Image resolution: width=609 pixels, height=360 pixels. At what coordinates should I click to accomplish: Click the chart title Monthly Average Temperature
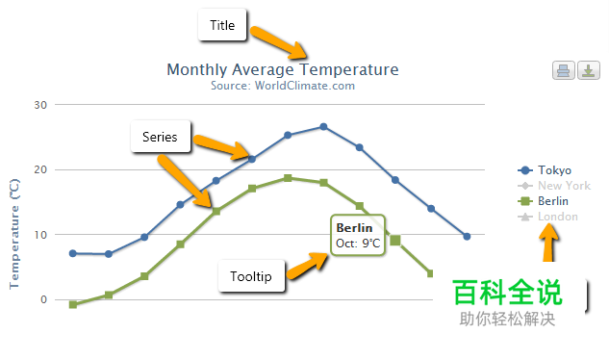tap(283, 70)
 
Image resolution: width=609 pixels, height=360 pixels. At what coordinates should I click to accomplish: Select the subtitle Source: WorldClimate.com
tap(283, 86)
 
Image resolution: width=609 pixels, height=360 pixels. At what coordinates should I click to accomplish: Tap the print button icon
tap(563, 70)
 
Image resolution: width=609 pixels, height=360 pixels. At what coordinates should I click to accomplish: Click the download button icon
tap(589, 70)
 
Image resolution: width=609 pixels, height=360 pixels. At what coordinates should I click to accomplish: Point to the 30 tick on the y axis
tap(40, 105)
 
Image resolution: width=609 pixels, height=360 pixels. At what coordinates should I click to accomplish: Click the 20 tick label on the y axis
tap(40, 169)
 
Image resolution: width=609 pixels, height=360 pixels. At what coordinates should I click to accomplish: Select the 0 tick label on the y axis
tap(43, 299)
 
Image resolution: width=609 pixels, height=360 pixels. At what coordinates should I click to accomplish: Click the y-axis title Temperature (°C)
tap(14, 234)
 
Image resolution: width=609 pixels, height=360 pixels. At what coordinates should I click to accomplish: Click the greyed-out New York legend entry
tap(554, 186)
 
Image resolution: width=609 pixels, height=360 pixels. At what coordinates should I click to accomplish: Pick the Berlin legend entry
tap(543, 201)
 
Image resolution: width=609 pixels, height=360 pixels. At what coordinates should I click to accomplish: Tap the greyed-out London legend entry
tap(547, 217)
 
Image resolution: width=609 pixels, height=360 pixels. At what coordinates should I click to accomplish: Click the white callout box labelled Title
tap(222, 25)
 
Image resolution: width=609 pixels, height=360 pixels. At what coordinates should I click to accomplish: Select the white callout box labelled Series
tap(161, 137)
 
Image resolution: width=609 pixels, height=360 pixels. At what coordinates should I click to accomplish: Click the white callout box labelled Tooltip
tap(251, 276)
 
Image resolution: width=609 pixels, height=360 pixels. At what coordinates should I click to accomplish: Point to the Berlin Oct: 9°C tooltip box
tap(358, 235)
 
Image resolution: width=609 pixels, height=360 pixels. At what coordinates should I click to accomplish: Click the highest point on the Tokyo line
tap(323, 127)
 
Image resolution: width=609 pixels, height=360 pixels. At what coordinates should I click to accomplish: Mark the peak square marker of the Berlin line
tap(288, 178)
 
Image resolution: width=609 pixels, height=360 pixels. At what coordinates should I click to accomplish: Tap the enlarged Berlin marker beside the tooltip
tap(395, 241)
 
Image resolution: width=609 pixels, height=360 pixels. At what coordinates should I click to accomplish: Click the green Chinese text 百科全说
tap(507, 293)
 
